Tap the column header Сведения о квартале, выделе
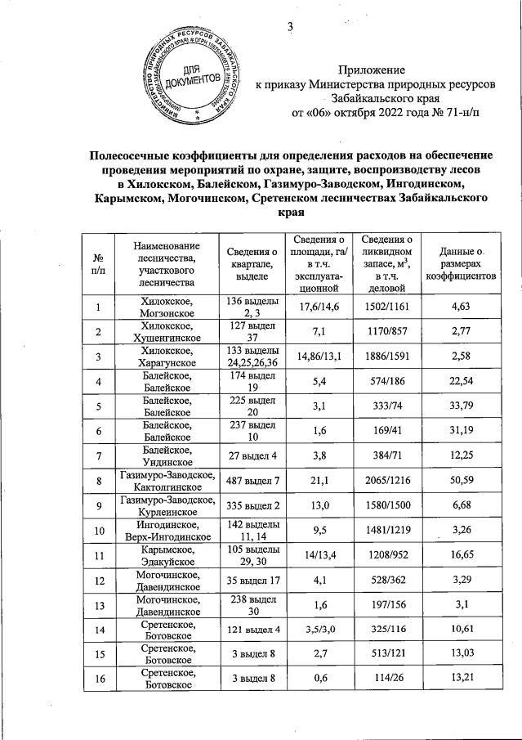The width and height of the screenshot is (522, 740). click(252, 263)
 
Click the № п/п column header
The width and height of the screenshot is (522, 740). click(99, 263)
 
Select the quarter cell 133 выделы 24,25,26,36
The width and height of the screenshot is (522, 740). click(252, 357)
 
